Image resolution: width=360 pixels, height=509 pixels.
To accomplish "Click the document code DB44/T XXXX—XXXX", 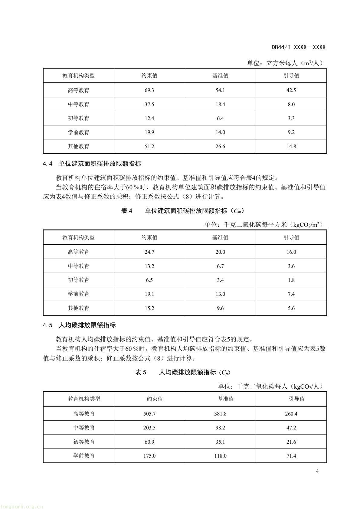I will tap(298, 47).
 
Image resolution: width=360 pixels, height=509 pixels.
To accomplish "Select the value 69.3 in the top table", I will tap(149, 90).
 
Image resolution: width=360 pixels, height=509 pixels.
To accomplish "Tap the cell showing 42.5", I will tap(291, 90).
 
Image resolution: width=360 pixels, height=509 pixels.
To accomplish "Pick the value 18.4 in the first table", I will tap(220, 104).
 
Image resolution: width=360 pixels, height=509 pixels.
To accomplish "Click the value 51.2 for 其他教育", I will tap(149, 146).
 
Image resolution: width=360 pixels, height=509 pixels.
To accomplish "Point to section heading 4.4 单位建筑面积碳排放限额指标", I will tap(92, 164).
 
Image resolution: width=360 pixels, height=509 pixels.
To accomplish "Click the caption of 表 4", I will tap(182, 211).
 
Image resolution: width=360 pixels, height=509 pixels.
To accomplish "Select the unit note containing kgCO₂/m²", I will tap(264, 225).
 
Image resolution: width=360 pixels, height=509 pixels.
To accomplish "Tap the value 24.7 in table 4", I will tap(149, 252).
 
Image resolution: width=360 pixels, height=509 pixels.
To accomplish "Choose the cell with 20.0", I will tap(220, 252).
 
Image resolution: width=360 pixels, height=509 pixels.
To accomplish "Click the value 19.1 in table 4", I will tap(149, 294).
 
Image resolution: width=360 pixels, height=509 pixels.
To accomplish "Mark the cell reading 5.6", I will tap(291, 308).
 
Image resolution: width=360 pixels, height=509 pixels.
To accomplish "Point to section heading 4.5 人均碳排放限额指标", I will tap(79, 325).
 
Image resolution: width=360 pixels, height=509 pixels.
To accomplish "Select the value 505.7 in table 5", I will tap(149, 414).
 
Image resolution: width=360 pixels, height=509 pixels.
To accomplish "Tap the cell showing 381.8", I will tap(220, 414).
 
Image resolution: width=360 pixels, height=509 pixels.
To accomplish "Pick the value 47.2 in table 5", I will tap(291, 428).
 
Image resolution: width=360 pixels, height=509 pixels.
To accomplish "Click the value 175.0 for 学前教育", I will tap(149, 456).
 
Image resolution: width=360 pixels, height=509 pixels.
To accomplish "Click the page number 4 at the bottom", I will tap(317, 471).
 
